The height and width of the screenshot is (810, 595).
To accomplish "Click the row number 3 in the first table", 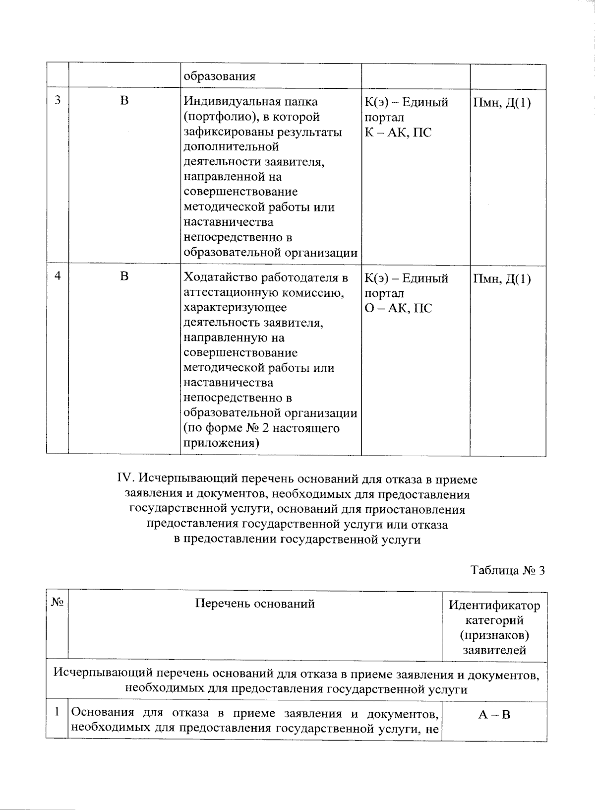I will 58,100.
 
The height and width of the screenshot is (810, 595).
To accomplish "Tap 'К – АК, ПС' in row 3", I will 398,133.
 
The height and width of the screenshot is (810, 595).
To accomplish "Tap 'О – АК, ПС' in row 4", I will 398,308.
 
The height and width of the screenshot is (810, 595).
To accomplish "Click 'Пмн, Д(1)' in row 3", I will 502,103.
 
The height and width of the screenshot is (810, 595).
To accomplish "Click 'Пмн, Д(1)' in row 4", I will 502,278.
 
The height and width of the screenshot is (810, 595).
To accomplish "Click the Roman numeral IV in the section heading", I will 125,479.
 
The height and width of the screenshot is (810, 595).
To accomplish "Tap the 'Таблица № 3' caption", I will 507,570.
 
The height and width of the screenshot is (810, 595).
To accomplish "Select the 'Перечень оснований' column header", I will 255,604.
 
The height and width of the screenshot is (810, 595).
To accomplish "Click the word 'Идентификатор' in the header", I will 494,606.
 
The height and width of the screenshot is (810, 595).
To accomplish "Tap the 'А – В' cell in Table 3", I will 494,715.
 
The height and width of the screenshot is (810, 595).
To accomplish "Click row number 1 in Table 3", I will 58,712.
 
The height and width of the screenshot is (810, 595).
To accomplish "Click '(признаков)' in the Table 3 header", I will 494,635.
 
